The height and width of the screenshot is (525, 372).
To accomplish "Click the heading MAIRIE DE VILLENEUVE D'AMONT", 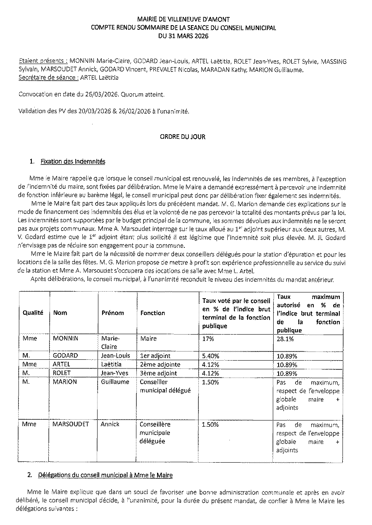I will (184, 19).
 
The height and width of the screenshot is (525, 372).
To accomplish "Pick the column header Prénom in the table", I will (112, 313).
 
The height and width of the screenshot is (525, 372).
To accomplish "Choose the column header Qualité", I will (33, 313).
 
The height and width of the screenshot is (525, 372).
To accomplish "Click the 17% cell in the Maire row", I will (208, 339).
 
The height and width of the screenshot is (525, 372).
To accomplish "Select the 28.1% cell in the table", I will (285, 339).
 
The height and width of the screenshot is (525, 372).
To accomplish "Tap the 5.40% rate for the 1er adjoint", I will (211, 356).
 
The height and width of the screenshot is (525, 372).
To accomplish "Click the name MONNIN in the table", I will (66, 339).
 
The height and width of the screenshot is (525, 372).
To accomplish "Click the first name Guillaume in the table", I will (115, 382).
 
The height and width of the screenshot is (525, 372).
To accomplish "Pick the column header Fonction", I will (153, 313).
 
